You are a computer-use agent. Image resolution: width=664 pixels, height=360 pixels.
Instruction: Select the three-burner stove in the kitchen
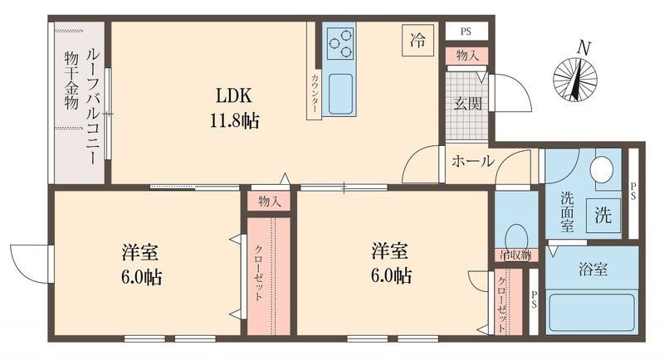[340, 41]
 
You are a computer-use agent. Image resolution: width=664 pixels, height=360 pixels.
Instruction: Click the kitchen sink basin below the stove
[340, 93]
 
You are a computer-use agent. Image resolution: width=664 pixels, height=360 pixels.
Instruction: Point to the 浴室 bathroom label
[592, 270]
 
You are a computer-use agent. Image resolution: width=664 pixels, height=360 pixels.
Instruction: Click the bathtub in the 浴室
[593, 311]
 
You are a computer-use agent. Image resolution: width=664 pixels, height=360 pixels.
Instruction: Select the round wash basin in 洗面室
[602, 169]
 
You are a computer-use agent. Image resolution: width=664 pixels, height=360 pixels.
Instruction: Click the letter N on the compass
[584, 48]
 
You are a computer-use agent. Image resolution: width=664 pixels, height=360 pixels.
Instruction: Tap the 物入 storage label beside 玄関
[466, 56]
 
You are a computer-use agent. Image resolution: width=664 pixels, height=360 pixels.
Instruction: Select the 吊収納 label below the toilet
[515, 255]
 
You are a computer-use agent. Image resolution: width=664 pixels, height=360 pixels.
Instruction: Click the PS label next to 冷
[466, 32]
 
